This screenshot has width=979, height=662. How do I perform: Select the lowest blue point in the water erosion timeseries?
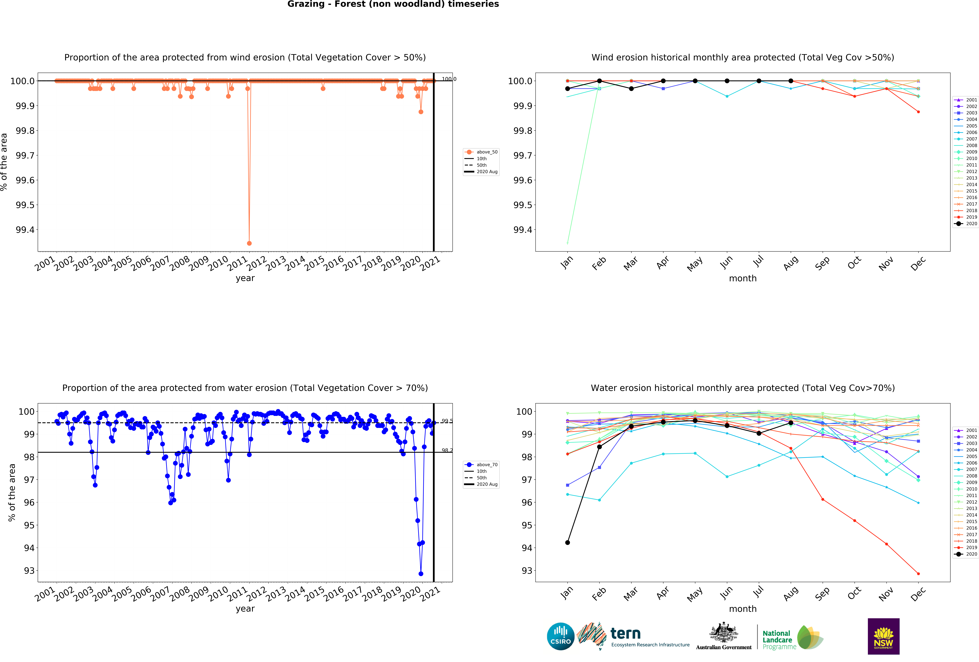click(x=421, y=574)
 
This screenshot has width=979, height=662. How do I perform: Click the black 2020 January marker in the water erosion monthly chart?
click(x=567, y=542)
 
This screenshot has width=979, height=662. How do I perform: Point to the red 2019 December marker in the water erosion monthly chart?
click(x=918, y=574)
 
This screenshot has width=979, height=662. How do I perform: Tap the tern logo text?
click(x=626, y=633)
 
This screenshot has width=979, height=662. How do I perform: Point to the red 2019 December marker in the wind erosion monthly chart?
click(x=918, y=112)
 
